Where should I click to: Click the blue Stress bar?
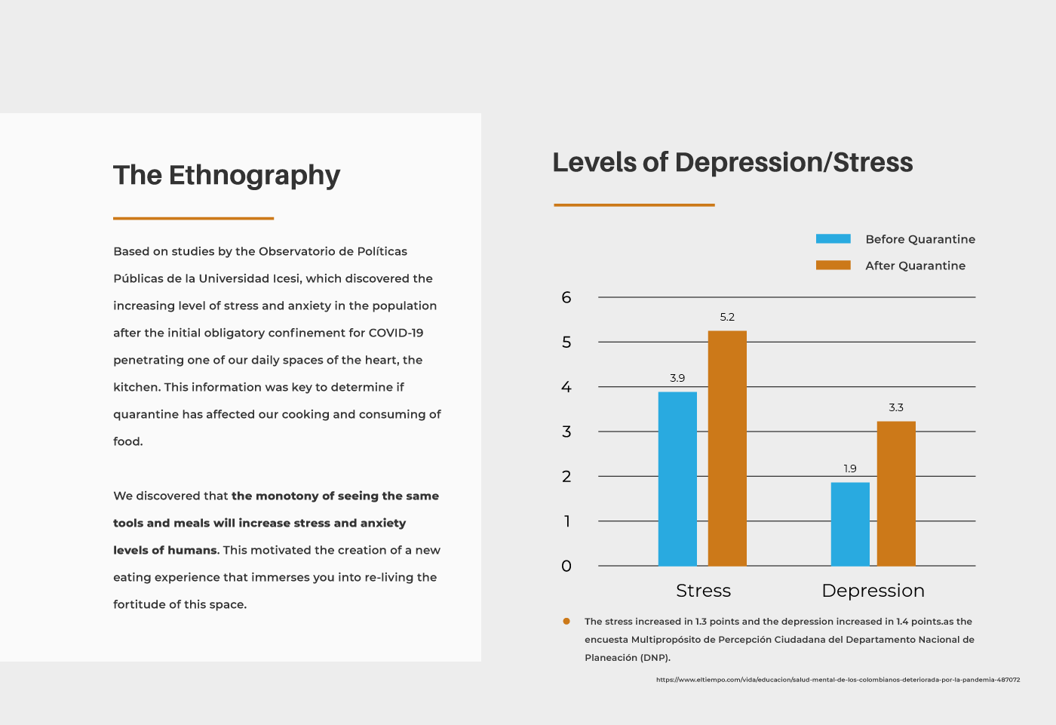pos(677,479)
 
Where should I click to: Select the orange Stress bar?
pos(727,448)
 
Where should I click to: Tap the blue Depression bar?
pos(850,524)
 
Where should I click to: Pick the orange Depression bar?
pos(896,493)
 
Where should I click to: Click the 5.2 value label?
pos(727,318)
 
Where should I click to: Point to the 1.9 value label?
pos(850,468)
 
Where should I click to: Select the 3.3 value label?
pos(896,407)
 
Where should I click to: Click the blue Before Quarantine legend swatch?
pos(833,239)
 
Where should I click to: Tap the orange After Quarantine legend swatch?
pos(833,266)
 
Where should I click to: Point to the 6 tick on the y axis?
pos(566,297)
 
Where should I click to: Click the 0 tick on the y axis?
pos(566,566)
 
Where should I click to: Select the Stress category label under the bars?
pos(703,591)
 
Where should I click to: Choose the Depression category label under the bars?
pos(873,591)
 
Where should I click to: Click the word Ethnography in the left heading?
pos(254,176)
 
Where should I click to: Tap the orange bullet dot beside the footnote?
pos(566,622)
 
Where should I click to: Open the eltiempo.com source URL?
pos(838,680)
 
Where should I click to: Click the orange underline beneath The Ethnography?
pos(193,218)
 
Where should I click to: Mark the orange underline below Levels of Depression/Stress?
pos(634,204)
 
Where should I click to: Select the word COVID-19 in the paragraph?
pos(396,333)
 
